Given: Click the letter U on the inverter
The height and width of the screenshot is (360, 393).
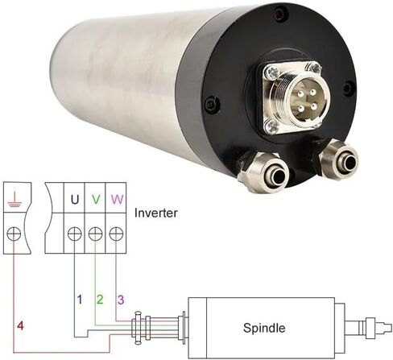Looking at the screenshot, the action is pos(75,199).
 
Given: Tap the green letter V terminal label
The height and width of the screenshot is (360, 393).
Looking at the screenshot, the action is pos(96,199).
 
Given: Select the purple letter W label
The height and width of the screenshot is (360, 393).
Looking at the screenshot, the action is pos(118,199).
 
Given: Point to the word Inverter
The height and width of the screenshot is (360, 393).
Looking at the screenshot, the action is pos(156,213).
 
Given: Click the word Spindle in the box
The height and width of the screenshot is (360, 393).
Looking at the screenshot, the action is pos(264,328).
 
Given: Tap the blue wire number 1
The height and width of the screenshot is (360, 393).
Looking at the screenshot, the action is pos(80,300).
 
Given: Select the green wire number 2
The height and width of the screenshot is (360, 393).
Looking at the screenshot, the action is pos(100,300).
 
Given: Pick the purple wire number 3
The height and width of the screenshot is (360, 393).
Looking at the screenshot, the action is pos(121,300).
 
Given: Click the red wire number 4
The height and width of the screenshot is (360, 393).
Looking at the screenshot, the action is pos(20,325).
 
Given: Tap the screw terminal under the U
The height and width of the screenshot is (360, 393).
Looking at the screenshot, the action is pos(75,234).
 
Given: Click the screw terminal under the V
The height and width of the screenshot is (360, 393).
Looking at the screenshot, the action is pos(95,234).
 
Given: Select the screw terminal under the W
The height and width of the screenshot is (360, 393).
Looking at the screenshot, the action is pos(116,234).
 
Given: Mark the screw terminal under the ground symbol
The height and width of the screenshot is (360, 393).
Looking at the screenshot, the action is pos(14,234).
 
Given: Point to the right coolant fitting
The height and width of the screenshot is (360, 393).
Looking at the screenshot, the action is pos(336,159).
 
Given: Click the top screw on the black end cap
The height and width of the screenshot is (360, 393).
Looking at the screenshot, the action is pos(280,12).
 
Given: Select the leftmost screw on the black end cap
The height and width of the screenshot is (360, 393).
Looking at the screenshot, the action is pos(212,103).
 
